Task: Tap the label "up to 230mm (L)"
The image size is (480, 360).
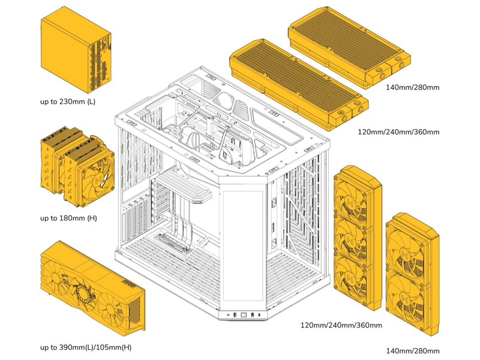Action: coord(68,101)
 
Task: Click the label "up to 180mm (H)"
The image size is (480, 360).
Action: coord(68,218)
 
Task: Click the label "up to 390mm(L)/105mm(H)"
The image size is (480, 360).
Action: coord(86,347)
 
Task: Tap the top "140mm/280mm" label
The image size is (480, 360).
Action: coord(412,87)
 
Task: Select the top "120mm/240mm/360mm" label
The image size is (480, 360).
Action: coord(398,132)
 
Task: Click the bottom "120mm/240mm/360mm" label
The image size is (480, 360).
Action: coord(341,326)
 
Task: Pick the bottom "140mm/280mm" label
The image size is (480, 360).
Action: coord(412,350)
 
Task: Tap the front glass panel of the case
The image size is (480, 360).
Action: coord(243,246)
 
